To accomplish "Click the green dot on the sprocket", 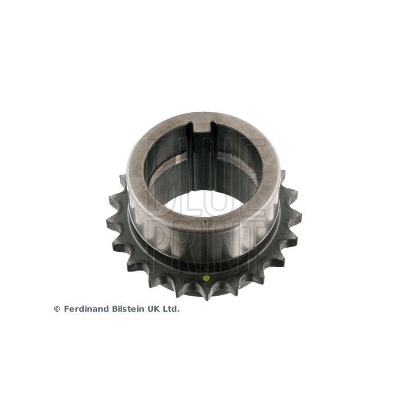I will pos(206,279).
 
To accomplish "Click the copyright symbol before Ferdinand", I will pos(57,309).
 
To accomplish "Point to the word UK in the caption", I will pos(152,309).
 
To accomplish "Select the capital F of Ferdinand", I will pos(66,309).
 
